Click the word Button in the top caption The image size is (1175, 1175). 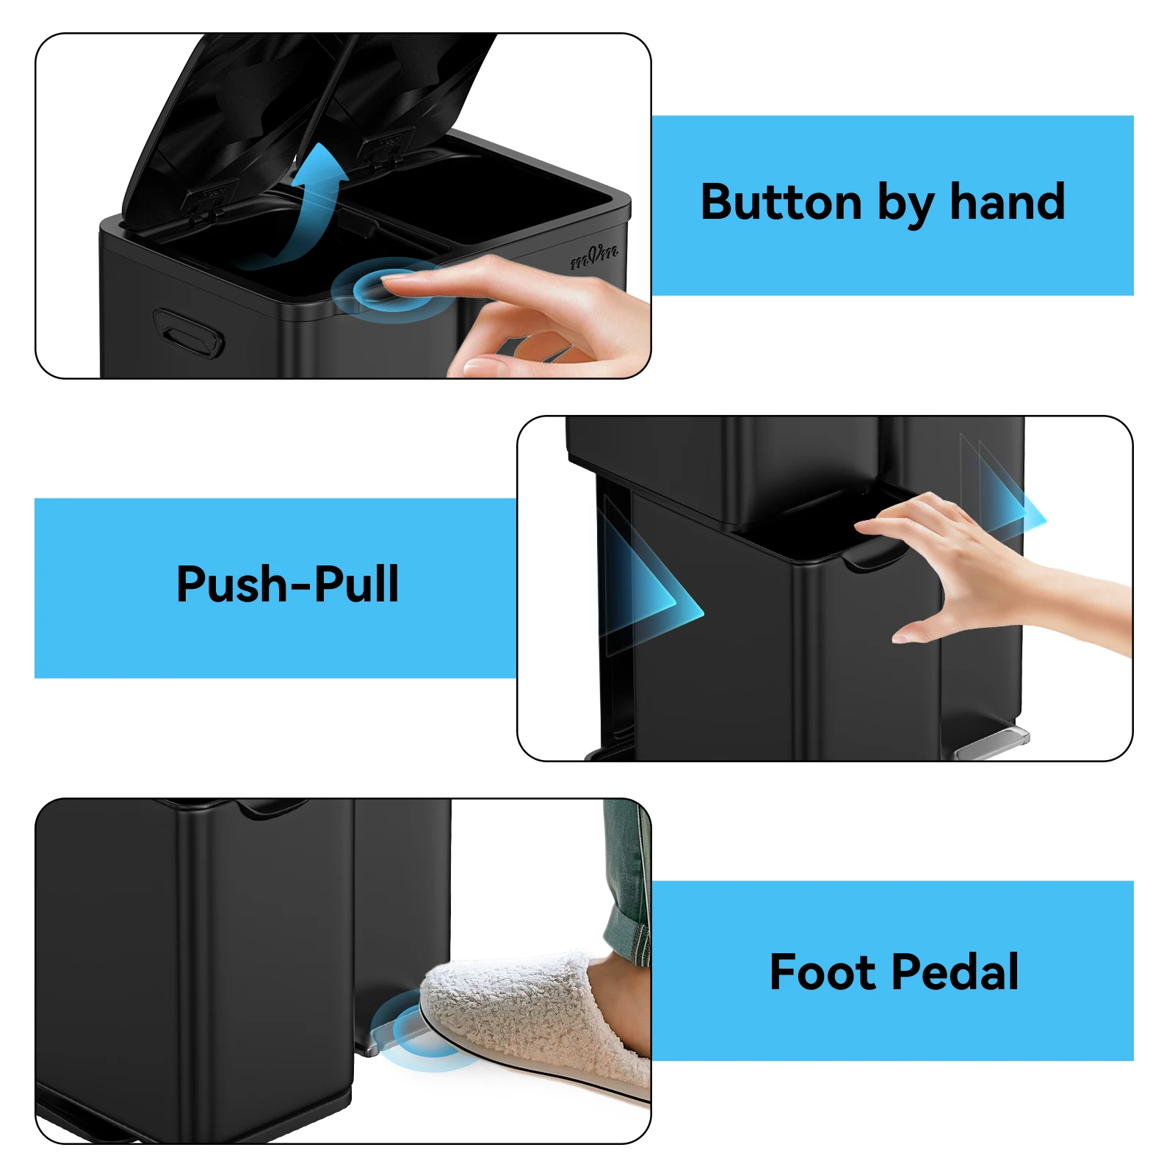click(781, 202)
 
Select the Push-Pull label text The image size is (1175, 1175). click(288, 585)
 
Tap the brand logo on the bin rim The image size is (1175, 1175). click(596, 256)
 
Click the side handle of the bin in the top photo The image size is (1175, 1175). click(188, 335)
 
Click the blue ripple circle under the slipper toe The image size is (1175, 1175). click(411, 1032)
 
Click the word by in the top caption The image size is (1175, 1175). click(906, 205)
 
